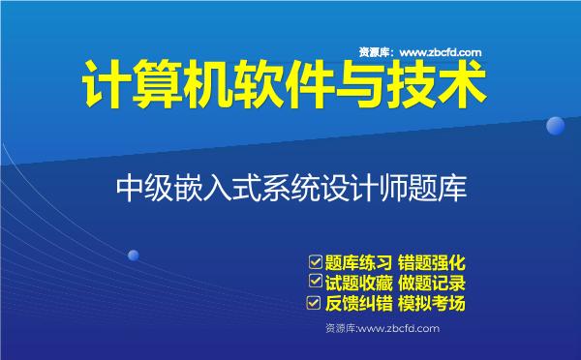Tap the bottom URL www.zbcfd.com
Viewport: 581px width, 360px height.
pos(398,329)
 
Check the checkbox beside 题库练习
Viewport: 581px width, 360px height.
pos(313,262)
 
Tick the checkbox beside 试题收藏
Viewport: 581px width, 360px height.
pos(313,283)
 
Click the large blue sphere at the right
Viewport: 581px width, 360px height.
pos(556,126)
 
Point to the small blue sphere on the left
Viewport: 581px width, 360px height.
pos(134,255)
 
